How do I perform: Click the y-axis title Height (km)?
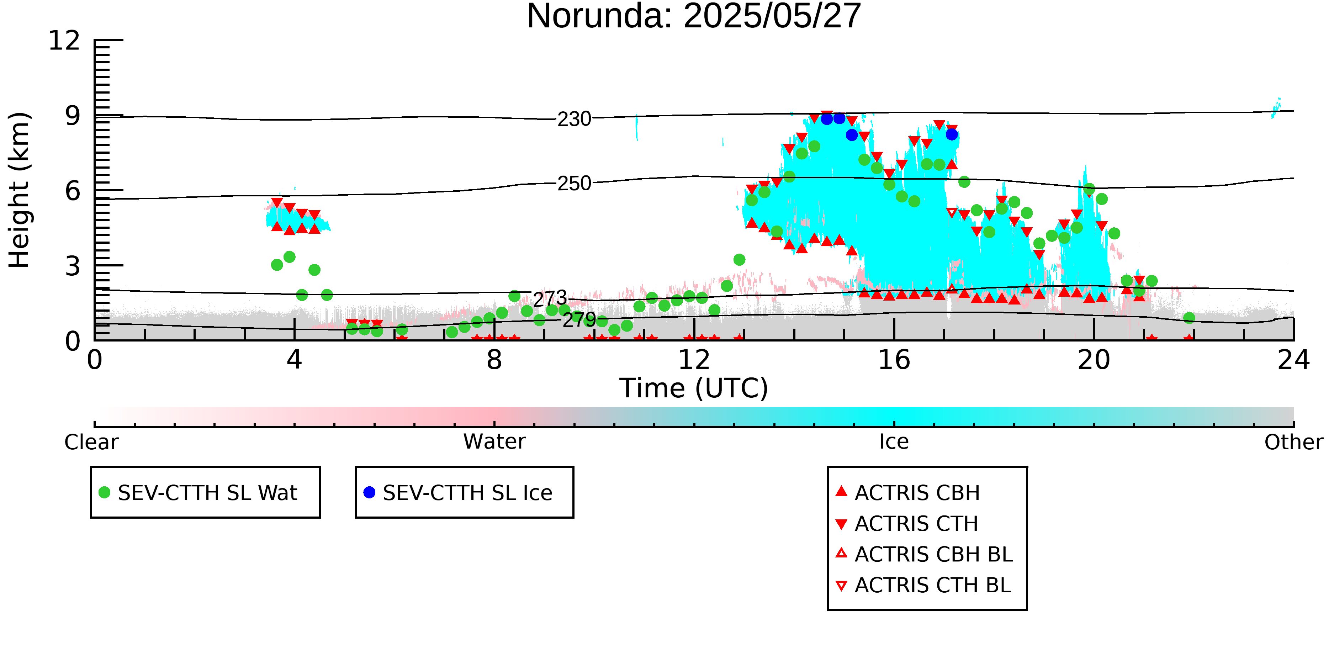[x=20, y=190]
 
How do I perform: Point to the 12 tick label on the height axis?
[x=64, y=41]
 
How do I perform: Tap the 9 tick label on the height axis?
[x=73, y=116]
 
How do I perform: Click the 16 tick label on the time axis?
[x=894, y=360]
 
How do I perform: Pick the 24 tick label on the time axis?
[x=1293, y=360]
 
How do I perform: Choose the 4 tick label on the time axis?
[x=294, y=360]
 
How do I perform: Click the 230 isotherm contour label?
[x=574, y=119]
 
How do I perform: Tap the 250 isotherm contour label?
[x=574, y=183]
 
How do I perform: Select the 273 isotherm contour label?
[x=550, y=299]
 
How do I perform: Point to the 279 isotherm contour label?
[x=579, y=319]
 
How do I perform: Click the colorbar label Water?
[x=494, y=442]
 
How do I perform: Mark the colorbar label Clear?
[x=91, y=442]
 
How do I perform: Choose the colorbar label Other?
[x=1293, y=442]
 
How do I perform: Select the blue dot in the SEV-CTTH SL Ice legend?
[x=369, y=492]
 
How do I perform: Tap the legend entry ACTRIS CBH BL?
[x=925, y=555]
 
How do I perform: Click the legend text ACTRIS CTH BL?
[x=933, y=586]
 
